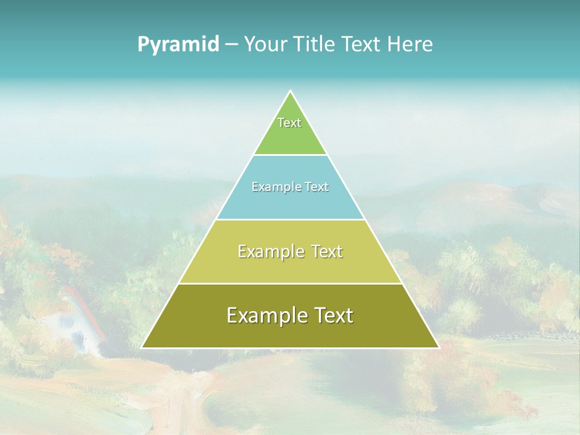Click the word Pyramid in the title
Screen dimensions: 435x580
click(178, 45)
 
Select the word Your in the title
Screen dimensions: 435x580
click(265, 45)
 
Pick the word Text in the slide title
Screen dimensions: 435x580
click(362, 45)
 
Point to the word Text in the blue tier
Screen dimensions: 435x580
click(317, 187)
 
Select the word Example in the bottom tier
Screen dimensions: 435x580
click(266, 315)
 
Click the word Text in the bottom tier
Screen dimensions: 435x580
click(333, 315)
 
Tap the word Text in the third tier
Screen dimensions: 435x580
click(327, 251)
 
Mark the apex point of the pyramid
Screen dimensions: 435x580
click(290, 91)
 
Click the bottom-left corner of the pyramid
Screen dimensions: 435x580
click(142, 347)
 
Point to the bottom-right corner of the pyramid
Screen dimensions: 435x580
click(438, 347)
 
